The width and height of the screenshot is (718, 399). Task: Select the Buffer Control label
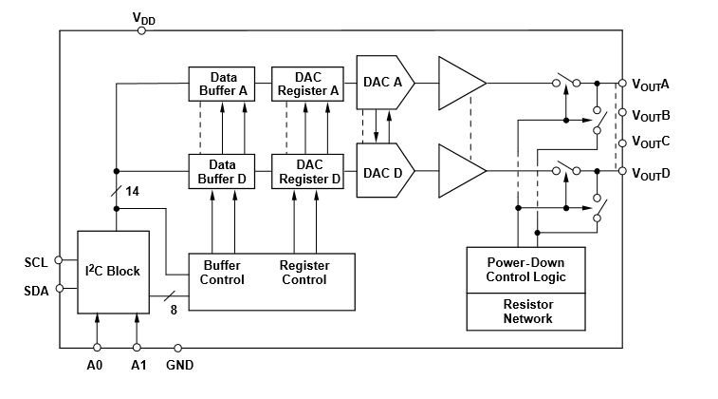[x=222, y=273]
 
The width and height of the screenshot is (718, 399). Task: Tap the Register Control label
[x=304, y=273]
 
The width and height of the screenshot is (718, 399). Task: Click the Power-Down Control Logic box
[x=526, y=270]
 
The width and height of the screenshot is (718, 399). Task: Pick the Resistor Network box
[x=526, y=312]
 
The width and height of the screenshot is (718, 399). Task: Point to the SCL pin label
[x=35, y=261]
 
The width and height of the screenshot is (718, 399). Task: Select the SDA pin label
[x=35, y=290]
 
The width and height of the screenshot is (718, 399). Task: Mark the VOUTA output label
[x=651, y=84]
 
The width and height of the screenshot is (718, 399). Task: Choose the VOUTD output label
[x=651, y=173]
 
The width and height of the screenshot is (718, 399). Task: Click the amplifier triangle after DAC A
[x=459, y=83]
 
